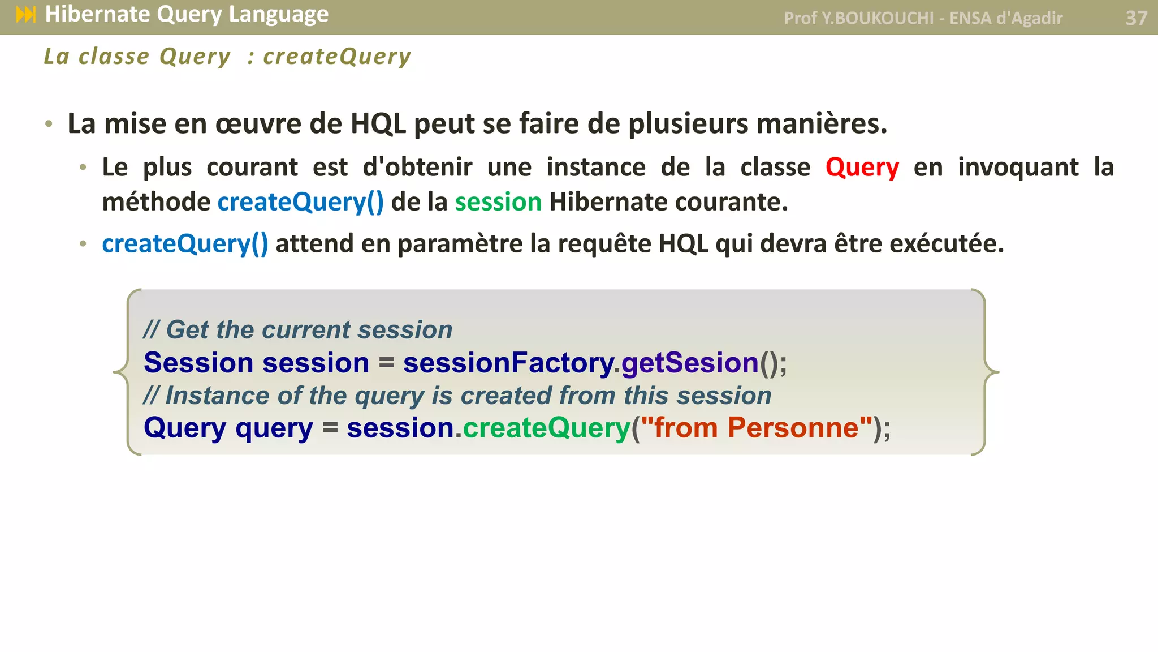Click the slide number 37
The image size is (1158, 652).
coord(1136,18)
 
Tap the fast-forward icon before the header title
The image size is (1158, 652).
coord(26,15)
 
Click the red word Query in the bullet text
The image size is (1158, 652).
coord(862,168)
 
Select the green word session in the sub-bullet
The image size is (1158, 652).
coord(498,202)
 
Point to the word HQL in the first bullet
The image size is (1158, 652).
coord(378,124)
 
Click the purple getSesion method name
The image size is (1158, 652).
coord(690,363)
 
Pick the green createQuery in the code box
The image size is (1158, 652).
coord(546,428)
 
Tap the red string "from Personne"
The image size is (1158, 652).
coord(756,428)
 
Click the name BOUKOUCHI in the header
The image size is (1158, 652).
coord(884,18)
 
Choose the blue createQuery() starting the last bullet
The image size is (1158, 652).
coord(185,244)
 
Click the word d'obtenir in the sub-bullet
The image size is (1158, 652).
coord(417,168)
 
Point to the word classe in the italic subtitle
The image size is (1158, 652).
coord(114,57)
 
